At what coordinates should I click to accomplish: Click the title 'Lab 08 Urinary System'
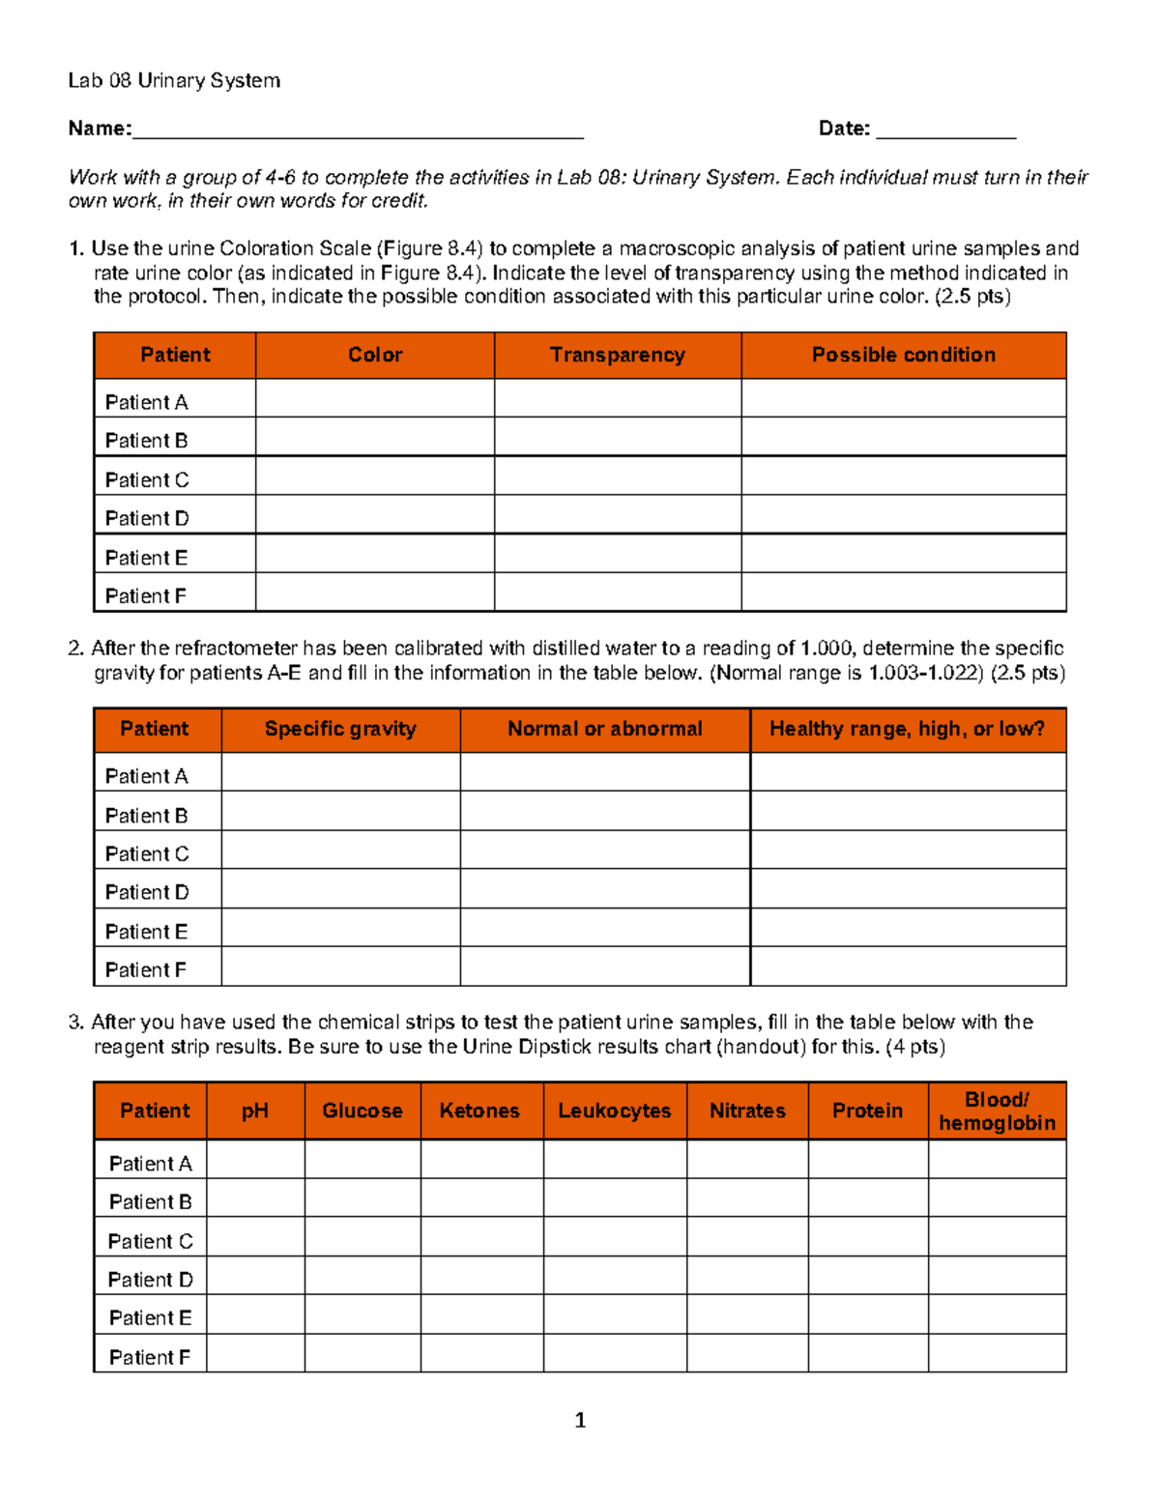tap(174, 80)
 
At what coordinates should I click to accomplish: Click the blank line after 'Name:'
tap(358, 130)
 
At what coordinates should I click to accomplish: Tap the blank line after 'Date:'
tap(945, 130)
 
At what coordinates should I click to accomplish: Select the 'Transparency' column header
tap(617, 355)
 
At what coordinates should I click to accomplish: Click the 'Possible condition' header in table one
tap(903, 355)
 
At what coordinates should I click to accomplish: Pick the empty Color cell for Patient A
tap(375, 398)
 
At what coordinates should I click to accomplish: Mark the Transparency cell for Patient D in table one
tap(617, 515)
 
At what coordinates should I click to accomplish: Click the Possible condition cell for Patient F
tap(903, 592)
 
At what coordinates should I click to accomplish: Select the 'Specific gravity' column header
tap(340, 729)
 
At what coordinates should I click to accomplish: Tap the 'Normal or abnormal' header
tap(605, 729)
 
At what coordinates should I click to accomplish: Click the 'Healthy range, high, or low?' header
tap(907, 729)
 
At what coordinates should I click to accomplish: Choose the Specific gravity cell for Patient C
tap(340, 850)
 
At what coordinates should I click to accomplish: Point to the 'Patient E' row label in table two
tap(147, 932)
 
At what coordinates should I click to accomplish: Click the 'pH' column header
tap(255, 1111)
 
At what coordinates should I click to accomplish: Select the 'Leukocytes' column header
tap(614, 1111)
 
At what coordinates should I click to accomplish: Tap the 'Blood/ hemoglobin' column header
tap(997, 1111)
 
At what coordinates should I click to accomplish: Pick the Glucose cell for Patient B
tap(362, 1198)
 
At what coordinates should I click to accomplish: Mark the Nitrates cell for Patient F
tap(747, 1354)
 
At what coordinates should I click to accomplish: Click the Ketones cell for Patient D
tap(481, 1277)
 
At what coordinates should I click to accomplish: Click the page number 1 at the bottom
tap(580, 1420)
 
